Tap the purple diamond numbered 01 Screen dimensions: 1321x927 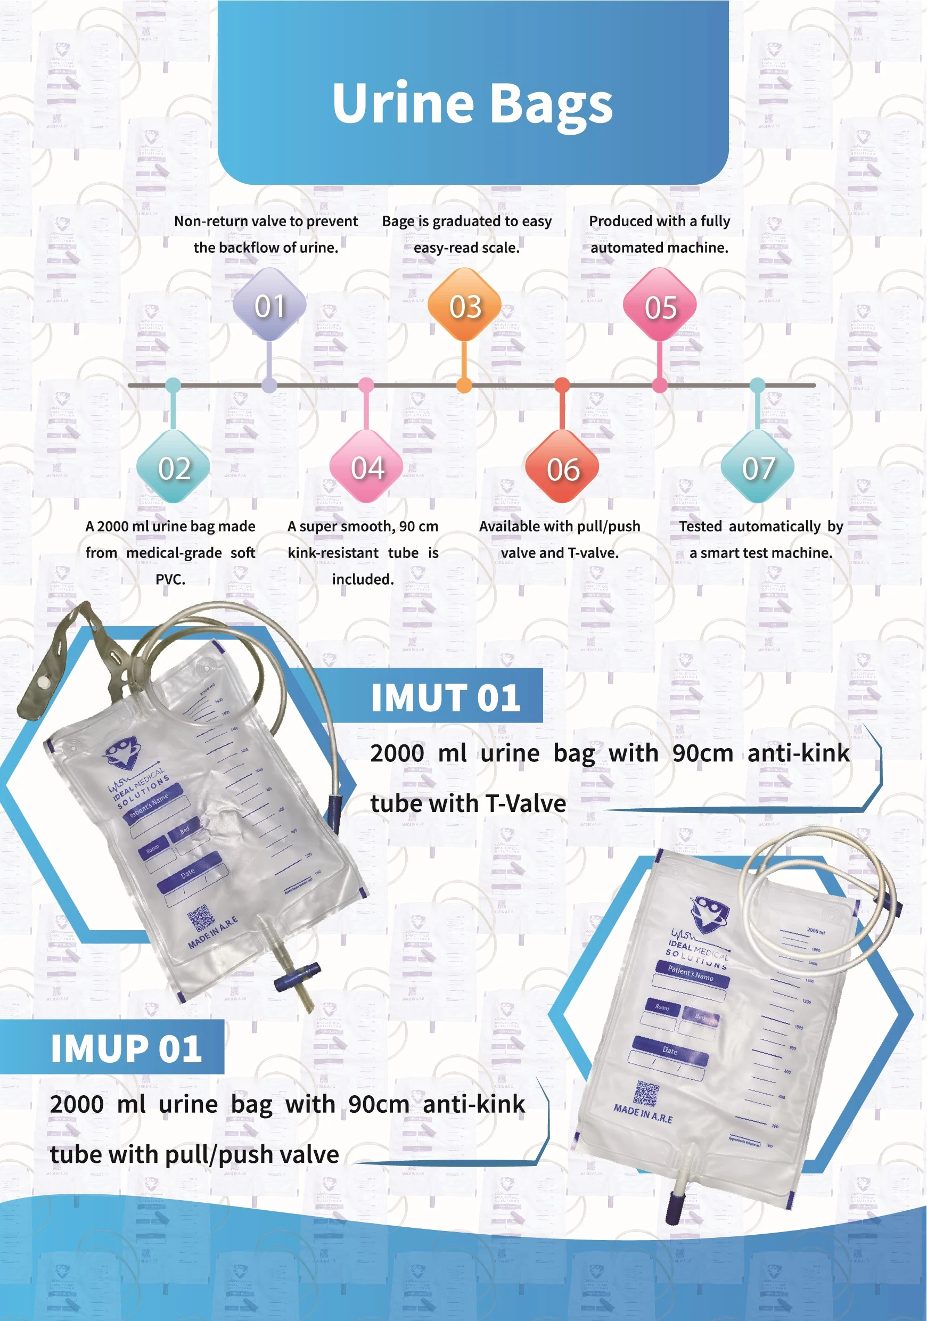269,306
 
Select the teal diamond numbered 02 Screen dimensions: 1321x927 173,468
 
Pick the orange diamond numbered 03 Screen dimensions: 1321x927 464,306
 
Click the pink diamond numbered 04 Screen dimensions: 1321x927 366,467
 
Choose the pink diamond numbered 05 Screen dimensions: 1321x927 660,307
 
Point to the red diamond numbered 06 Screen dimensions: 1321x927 562,469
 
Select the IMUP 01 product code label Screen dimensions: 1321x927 126,1048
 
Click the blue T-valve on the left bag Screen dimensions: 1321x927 297,977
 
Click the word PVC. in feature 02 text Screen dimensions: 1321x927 170,579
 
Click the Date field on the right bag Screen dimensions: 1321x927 670,1051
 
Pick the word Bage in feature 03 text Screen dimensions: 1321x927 398,221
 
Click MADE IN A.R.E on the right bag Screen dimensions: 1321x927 643,1113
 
